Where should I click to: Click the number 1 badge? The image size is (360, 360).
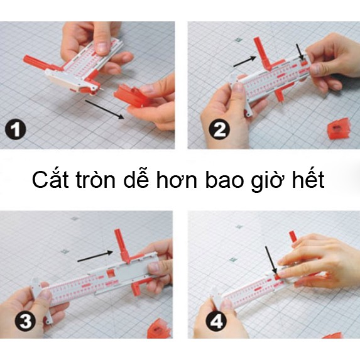click(16, 130)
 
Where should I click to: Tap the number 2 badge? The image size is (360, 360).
click(219, 130)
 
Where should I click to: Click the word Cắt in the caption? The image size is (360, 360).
click(50, 180)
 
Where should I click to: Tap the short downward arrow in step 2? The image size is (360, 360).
click(300, 53)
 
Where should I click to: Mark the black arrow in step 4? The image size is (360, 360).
click(271, 261)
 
